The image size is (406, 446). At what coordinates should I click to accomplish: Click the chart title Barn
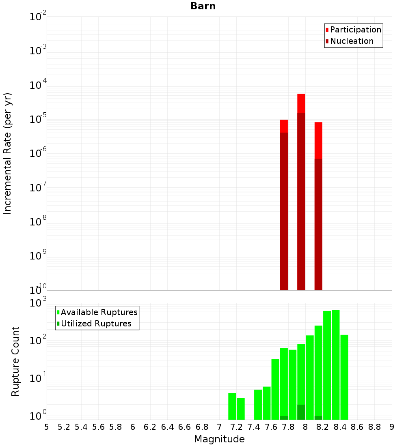pos(203,6)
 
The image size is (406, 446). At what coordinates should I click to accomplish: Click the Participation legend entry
pos(355,30)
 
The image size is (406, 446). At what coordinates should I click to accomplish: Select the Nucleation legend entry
pos(351,41)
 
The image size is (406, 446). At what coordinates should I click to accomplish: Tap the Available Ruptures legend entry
pos(99,313)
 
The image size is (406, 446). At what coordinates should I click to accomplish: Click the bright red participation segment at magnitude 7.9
pos(301,103)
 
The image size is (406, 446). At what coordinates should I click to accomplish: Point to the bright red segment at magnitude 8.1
pos(318,140)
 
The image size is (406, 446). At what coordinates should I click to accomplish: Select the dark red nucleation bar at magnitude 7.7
pos(284,211)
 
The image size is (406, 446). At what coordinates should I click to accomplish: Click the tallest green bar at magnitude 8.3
pos(336,365)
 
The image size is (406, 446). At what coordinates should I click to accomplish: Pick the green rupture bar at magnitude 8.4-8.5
pos(344,377)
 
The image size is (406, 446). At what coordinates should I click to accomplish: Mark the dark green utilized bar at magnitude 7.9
pos(301,412)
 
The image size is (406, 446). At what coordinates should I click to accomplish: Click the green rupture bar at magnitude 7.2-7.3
pos(241,409)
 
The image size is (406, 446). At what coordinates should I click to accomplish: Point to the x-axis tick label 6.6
pos(185,427)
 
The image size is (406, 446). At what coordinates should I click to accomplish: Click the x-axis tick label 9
pos(392,427)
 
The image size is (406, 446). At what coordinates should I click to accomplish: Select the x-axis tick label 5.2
pos(64,427)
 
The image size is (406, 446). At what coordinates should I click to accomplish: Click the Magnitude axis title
pos(219,439)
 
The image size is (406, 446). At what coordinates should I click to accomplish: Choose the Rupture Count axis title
pos(15,361)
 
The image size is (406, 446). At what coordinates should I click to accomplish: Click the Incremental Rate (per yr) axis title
pos(8,153)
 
